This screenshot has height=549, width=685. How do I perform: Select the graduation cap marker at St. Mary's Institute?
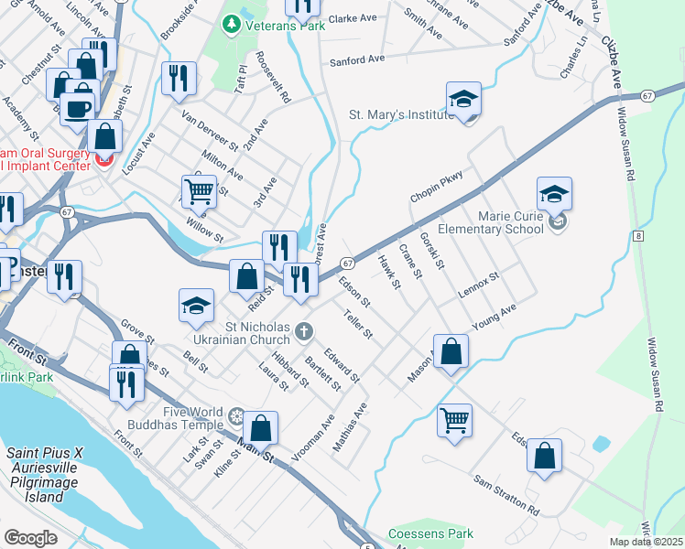[464, 101]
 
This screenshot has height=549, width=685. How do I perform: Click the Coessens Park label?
[430, 533]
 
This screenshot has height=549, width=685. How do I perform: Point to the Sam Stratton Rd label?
[506, 494]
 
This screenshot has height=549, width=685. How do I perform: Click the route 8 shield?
[638, 236]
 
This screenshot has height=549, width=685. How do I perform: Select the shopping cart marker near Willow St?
[199, 192]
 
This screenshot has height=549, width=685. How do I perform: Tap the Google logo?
[30, 538]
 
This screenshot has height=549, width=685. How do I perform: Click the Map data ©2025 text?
[646, 542]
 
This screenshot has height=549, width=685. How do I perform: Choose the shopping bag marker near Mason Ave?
[451, 351]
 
